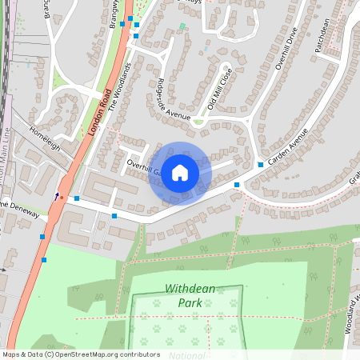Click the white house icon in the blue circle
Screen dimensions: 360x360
pyautogui.click(x=180, y=173)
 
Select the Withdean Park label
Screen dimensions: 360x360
pyautogui.click(x=190, y=295)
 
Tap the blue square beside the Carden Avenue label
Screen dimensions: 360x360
pyautogui.click(x=261, y=165)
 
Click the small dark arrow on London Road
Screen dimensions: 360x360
pyautogui.click(x=56, y=194)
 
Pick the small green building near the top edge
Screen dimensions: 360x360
pyautogui.click(x=182, y=26)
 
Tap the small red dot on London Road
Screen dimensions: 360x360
pyautogui.click(x=62, y=196)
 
